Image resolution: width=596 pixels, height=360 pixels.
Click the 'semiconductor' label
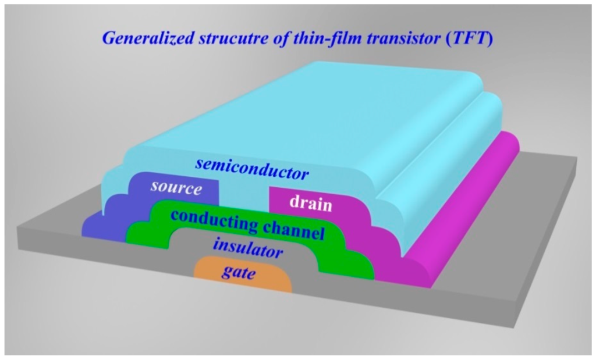pos(251,169)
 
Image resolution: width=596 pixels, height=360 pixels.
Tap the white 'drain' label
pos(310,204)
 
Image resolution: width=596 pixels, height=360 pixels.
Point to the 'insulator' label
pos(248,249)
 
